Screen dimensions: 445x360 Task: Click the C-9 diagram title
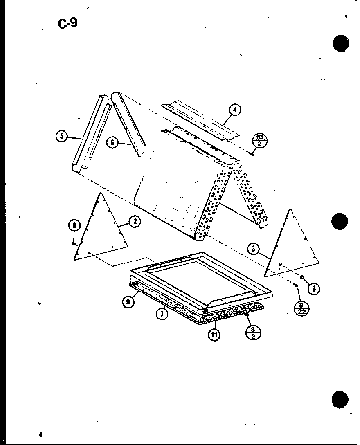coord(67,23)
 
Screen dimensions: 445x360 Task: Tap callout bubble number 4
coord(234,110)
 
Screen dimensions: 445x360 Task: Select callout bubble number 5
coord(62,137)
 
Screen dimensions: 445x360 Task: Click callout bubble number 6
coord(112,142)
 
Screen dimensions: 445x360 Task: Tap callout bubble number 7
coord(314,289)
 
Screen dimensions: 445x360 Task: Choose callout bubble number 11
coord(214,334)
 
